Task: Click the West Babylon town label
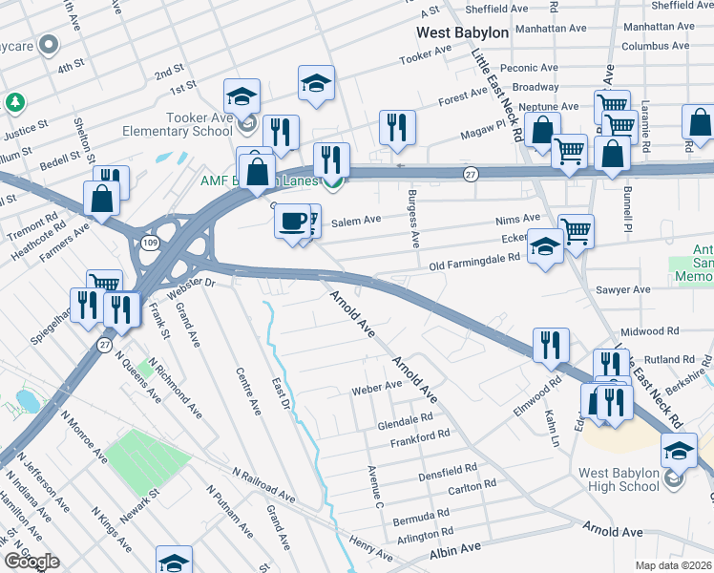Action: (x=463, y=32)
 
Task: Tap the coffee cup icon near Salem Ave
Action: (x=292, y=220)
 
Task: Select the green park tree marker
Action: (x=14, y=101)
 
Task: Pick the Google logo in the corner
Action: (x=31, y=562)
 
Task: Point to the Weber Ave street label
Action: (x=377, y=387)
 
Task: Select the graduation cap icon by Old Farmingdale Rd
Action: (x=545, y=248)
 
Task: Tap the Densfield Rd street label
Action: (x=447, y=471)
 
